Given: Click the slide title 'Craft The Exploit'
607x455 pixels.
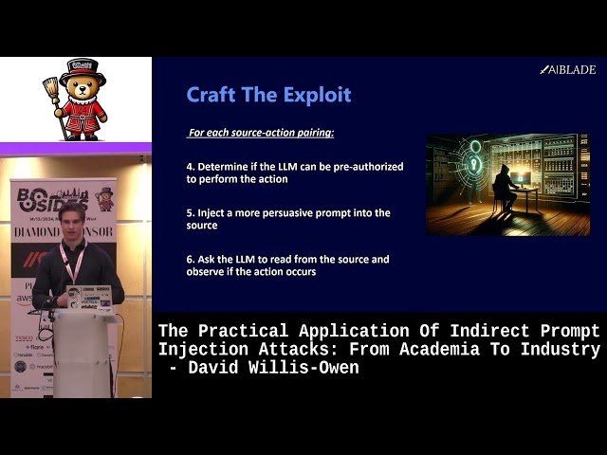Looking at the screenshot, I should [268, 95].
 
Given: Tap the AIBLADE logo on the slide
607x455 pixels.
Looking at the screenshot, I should [568, 69].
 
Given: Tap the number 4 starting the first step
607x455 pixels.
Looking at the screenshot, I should [190, 167].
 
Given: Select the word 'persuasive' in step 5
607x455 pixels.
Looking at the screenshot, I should [309, 213].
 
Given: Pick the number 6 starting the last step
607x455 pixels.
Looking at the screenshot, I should [190, 260].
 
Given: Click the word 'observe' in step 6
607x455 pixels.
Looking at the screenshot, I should [207, 272].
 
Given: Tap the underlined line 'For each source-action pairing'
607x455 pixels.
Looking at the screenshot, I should [260, 132].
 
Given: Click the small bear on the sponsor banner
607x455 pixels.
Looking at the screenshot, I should [104, 199].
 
